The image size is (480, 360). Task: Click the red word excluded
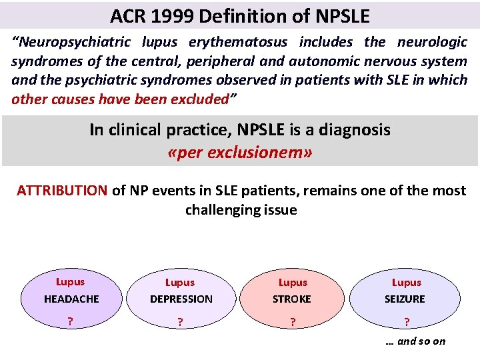pyautogui.click(x=198, y=99)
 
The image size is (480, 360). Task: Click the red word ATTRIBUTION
pyautogui.click(x=61, y=191)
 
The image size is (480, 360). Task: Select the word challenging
pyautogui.click(x=229, y=210)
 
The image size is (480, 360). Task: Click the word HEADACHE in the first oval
pyautogui.click(x=71, y=299)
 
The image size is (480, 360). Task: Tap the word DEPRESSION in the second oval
pyautogui.click(x=181, y=299)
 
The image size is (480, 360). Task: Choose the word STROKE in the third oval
pyautogui.click(x=292, y=299)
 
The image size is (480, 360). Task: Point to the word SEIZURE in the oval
pyautogui.click(x=405, y=299)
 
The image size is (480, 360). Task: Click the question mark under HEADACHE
pyautogui.click(x=69, y=321)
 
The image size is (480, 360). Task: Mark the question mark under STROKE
pyautogui.click(x=292, y=322)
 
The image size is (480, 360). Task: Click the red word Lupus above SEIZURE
pyautogui.click(x=406, y=283)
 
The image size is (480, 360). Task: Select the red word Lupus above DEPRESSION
pyautogui.click(x=179, y=283)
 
